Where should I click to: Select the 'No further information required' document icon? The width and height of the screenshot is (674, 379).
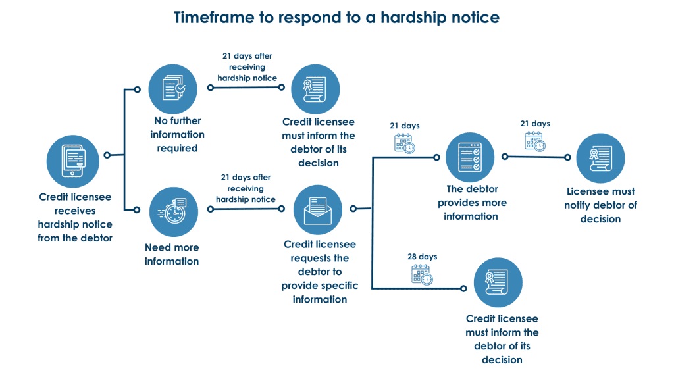[173, 88]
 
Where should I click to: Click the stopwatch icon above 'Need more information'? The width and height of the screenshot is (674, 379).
[173, 211]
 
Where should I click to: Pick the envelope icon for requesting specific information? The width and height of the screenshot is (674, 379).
[317, 209]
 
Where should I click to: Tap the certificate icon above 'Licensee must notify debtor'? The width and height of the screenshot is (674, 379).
[600, 158]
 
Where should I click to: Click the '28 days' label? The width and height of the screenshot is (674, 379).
[422, 257]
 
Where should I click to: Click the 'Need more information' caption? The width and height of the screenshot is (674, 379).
[172, 254]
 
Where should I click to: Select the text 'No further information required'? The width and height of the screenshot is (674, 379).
[176, 134]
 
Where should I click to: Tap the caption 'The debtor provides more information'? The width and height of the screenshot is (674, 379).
[471, 203]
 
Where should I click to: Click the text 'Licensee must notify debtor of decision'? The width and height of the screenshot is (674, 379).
[601, 205]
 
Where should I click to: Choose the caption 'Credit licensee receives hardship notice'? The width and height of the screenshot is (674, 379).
[75, 217]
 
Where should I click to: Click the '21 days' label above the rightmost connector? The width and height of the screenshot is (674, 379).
[534, 124]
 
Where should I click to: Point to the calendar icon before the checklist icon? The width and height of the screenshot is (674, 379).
[404, 143]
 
